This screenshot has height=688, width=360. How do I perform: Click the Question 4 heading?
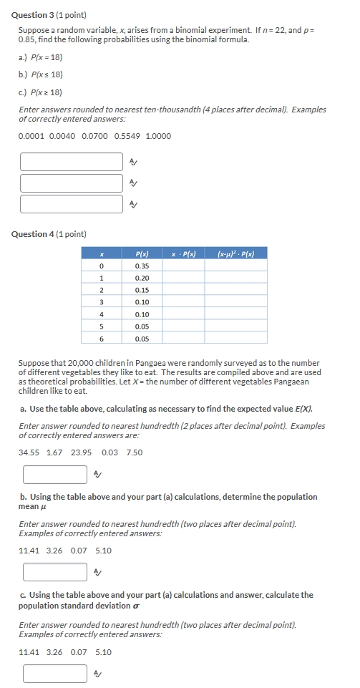(49, 234)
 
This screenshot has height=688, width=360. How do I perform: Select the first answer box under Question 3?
(72, 161)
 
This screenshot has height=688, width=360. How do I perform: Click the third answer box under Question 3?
(72, 204)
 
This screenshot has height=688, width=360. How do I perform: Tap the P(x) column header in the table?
(142, 253)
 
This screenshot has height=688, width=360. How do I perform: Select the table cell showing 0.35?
(142, 266)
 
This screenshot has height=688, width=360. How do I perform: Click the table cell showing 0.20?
(142, 278)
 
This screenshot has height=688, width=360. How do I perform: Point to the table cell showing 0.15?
(142, 290)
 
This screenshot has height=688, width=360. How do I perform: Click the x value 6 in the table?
(102, 339)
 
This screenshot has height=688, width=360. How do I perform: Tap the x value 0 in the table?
(102, 266)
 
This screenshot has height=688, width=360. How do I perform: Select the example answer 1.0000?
(157, 136)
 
